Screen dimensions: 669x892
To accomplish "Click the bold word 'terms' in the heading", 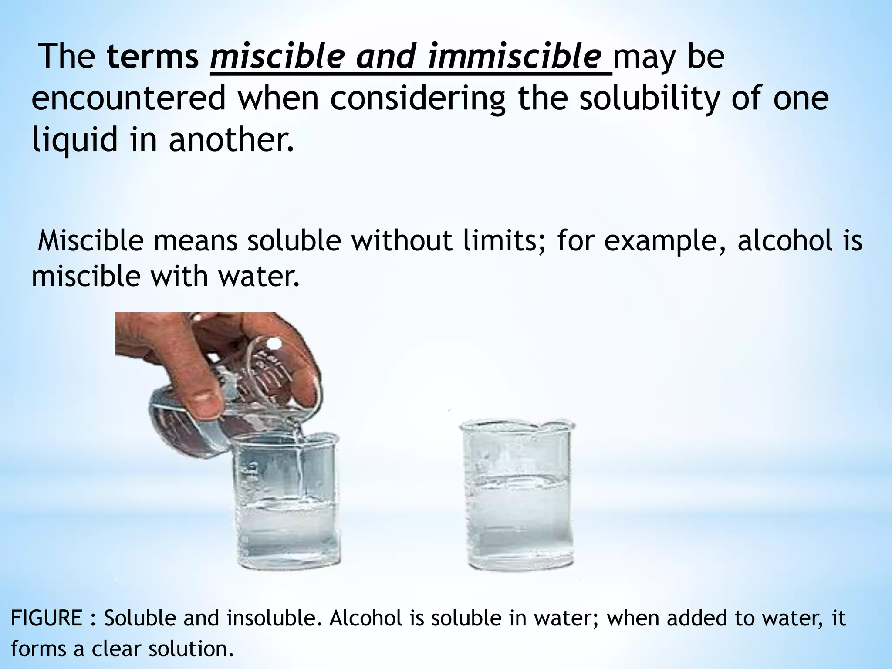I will (152, 57).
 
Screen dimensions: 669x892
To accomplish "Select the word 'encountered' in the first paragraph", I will (129, 98).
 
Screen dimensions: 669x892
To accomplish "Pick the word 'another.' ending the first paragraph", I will (231, 139).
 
